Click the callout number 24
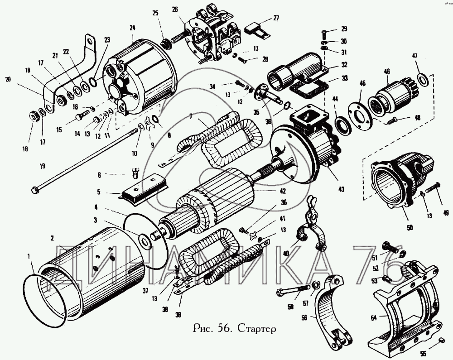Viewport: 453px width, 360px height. (x=132, y=28)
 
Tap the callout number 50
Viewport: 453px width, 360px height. (x=410, y=228)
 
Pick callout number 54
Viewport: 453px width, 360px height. (x=374, y=318)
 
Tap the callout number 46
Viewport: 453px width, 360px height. (x=387, y=71)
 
